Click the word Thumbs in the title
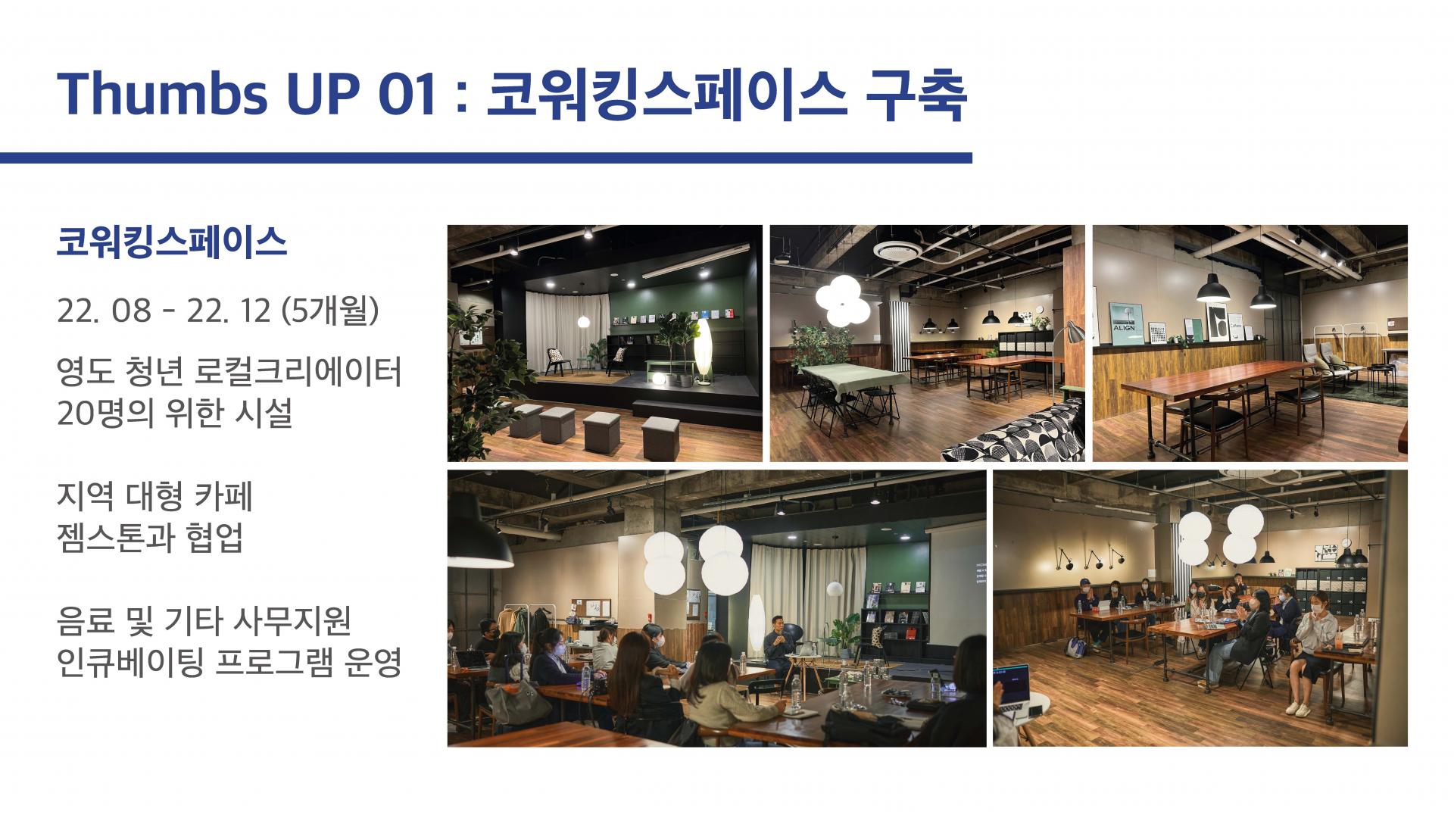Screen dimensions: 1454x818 click(x=162, y=93)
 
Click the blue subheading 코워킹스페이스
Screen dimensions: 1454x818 click(x=172, y=242)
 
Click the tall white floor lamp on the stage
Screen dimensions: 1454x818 click(x=704, y=351)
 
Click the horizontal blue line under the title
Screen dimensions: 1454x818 click(x=485, y=158)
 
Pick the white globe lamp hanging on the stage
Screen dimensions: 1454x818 click(x=583, y=322)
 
